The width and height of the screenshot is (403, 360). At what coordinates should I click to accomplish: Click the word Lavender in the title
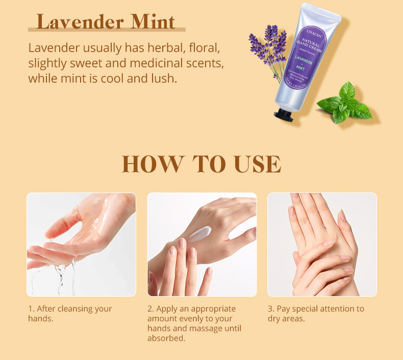coord(81,22)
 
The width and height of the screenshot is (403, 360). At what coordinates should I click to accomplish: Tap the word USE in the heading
coord(257,164)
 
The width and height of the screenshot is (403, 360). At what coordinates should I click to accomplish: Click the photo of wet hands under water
coord(81,244)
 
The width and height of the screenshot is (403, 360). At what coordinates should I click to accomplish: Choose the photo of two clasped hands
coord(322,244)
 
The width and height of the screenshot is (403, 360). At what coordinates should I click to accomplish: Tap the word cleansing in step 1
coord(77,309)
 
